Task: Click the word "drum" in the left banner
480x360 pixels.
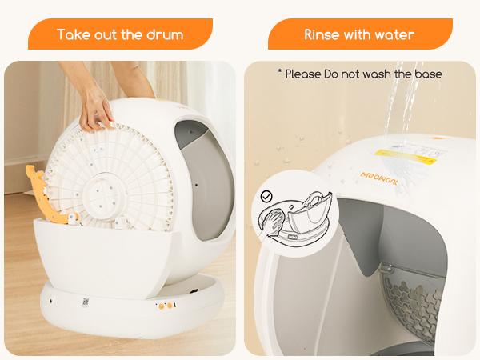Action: (164, 34)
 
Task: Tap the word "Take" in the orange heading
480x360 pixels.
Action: (74, 34)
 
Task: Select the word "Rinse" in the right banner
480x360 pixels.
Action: (323, 34)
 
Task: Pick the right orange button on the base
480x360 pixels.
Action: (171, 305)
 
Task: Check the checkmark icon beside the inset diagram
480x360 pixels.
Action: (266, 195)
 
